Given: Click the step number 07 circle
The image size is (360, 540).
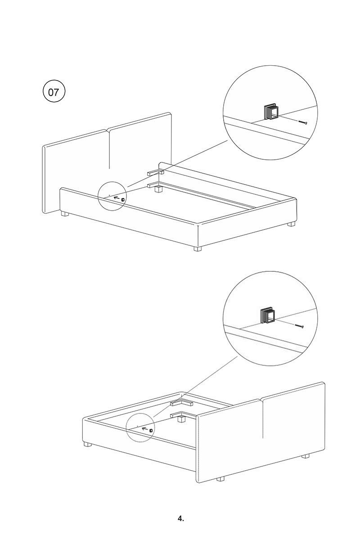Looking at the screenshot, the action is point(54,92).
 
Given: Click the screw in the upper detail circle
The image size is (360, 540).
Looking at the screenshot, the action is point(303,123).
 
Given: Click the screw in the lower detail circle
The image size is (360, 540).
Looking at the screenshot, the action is point(299,326).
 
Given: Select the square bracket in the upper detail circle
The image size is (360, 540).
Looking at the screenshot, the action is point(272,112).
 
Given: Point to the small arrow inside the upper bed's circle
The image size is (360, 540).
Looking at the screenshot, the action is point(117,198).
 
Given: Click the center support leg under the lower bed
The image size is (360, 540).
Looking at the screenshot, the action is point(180,419).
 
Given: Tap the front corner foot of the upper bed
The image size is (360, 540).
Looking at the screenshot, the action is point(198,248).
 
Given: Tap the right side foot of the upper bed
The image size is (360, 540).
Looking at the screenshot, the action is point(291,224).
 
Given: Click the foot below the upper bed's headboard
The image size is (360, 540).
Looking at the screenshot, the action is point(65,214).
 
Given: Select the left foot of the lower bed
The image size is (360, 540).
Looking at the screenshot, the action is point(88,444).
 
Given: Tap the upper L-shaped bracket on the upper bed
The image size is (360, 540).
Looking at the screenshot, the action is point(156,173).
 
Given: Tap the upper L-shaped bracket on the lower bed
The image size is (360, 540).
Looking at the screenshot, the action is point(181,403).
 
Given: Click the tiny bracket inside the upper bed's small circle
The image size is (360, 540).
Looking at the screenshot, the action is point(123,199).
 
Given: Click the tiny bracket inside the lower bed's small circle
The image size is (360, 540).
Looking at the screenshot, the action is point(151,430).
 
